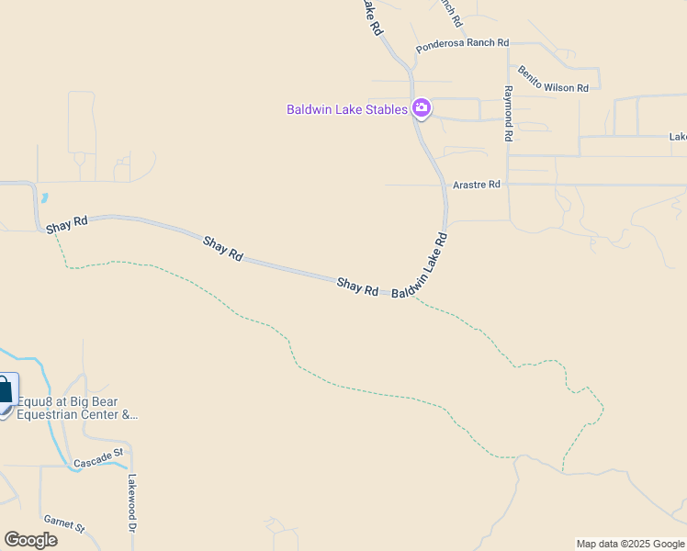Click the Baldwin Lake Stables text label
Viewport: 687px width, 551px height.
346,110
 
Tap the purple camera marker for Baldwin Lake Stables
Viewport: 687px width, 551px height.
422,109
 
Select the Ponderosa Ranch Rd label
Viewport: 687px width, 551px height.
462,43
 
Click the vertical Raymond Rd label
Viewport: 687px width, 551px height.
507,114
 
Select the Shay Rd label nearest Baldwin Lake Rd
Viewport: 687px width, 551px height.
357,287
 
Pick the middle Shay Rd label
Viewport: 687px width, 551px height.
222,249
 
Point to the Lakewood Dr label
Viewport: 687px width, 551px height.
132,503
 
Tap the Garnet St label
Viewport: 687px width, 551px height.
64,524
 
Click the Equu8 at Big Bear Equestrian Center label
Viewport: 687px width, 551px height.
77,408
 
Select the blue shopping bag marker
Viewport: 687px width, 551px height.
5,391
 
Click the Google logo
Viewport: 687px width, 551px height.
30,540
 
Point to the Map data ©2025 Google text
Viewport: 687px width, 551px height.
630,544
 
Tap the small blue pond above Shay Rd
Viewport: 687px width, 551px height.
44,197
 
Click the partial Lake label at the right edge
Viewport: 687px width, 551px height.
678,137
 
